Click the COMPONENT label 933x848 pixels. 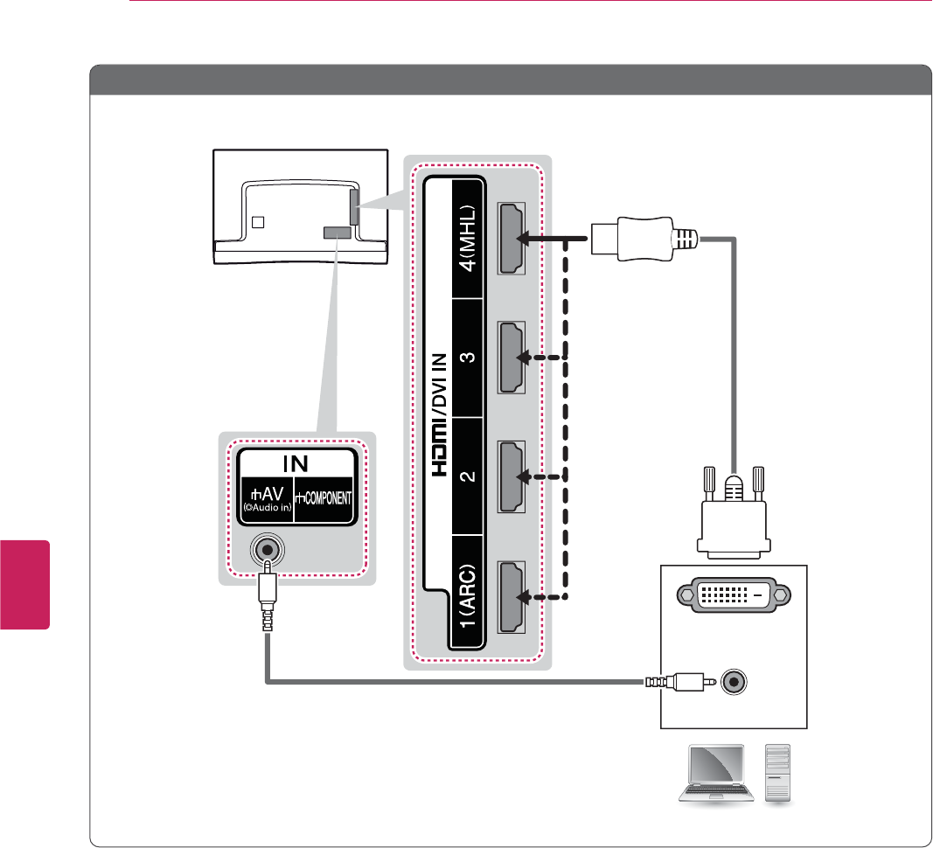pos(324,497)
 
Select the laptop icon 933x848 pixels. pos(715,774)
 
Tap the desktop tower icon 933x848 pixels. pos(777,773)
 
